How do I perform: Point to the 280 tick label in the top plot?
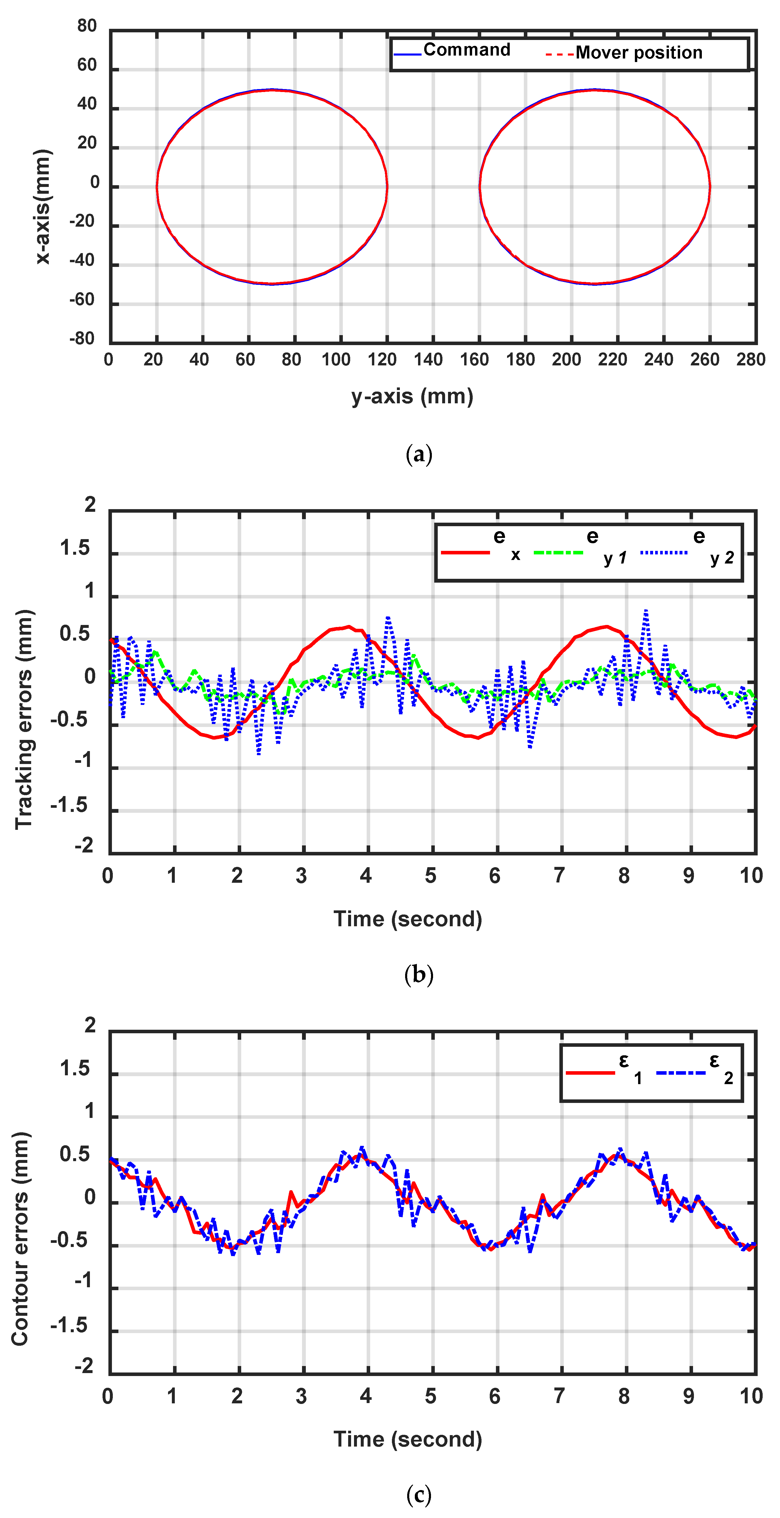click(x=750, y=360)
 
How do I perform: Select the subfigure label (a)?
click(x=419, y=454)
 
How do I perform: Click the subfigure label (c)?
click(x=419, y=1495)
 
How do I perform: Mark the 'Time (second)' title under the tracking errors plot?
click(x=408, y=919)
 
